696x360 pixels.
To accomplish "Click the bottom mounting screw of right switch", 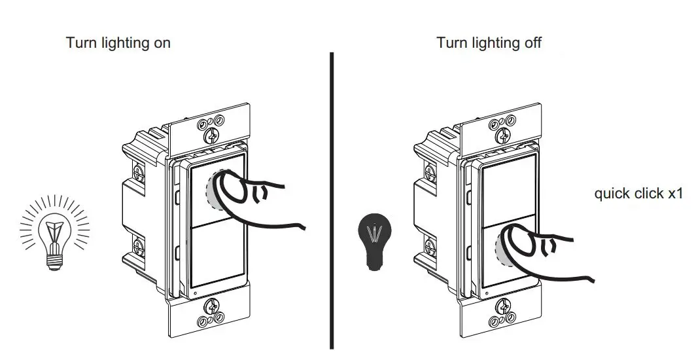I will click(x=504, y=306).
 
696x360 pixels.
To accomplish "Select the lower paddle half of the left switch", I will click(x=216, y=255).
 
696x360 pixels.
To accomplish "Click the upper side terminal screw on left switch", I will click(x=138, y=172).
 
